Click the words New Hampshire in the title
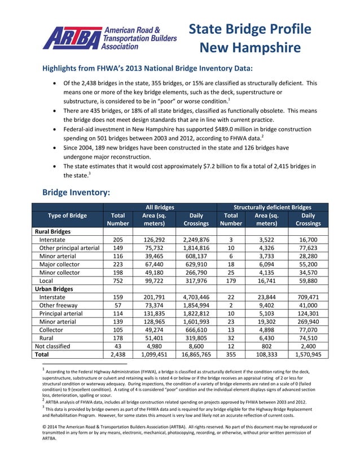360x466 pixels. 250,47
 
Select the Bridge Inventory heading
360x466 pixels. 76,192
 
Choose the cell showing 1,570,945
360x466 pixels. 308,355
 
